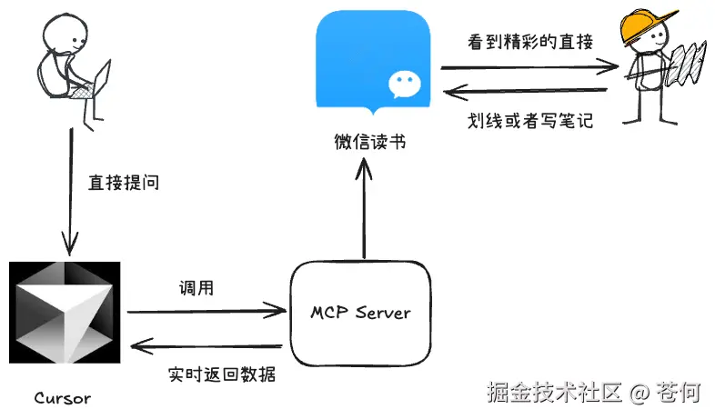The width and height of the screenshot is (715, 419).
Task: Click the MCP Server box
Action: click(x=358, y=313)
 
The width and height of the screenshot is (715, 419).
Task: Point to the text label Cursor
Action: click(x=62, y=398)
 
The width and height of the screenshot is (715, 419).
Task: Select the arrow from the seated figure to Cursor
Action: click(x=68, y=191)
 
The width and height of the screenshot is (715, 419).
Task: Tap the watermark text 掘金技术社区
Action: click(x=554, y=393)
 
